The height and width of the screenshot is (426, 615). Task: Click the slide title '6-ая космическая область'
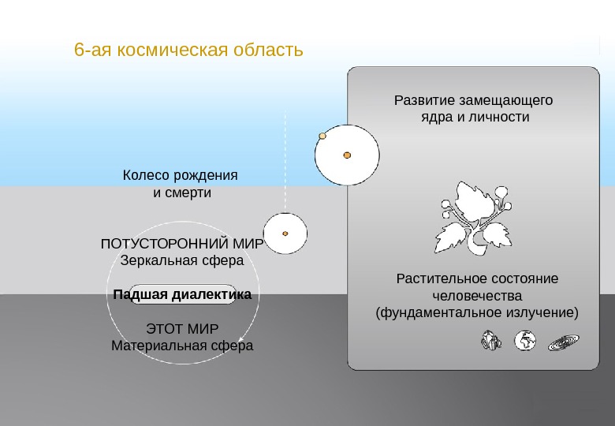[x=188, y=50]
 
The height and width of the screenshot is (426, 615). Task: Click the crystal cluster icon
[x=491, y=341]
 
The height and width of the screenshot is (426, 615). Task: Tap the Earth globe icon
[x=525, y=341]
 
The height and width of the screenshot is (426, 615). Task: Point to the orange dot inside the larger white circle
[x=347, y=155]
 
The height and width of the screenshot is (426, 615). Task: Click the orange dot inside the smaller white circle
[x=285, y=234]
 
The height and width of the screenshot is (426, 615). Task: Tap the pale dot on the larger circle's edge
[x=322, y=136]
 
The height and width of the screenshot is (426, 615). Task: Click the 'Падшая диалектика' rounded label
[x=182, y=295]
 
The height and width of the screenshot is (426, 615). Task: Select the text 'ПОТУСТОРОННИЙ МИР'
[x=182, y=244]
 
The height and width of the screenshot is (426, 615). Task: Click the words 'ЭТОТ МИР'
[x=182, y=328]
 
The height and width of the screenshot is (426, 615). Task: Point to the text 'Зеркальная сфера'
[x=182, y=260]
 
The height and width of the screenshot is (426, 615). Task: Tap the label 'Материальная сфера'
[x=182, y=345]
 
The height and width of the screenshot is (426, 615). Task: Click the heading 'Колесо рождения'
[x=181, y=174]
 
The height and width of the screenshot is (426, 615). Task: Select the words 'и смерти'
[x=182, y=192]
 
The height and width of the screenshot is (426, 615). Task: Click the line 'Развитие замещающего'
[x=472, y=101]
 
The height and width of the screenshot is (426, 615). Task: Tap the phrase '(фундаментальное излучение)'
[x=477, y=313]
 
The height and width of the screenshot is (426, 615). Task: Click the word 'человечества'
[x=477, y=297]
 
